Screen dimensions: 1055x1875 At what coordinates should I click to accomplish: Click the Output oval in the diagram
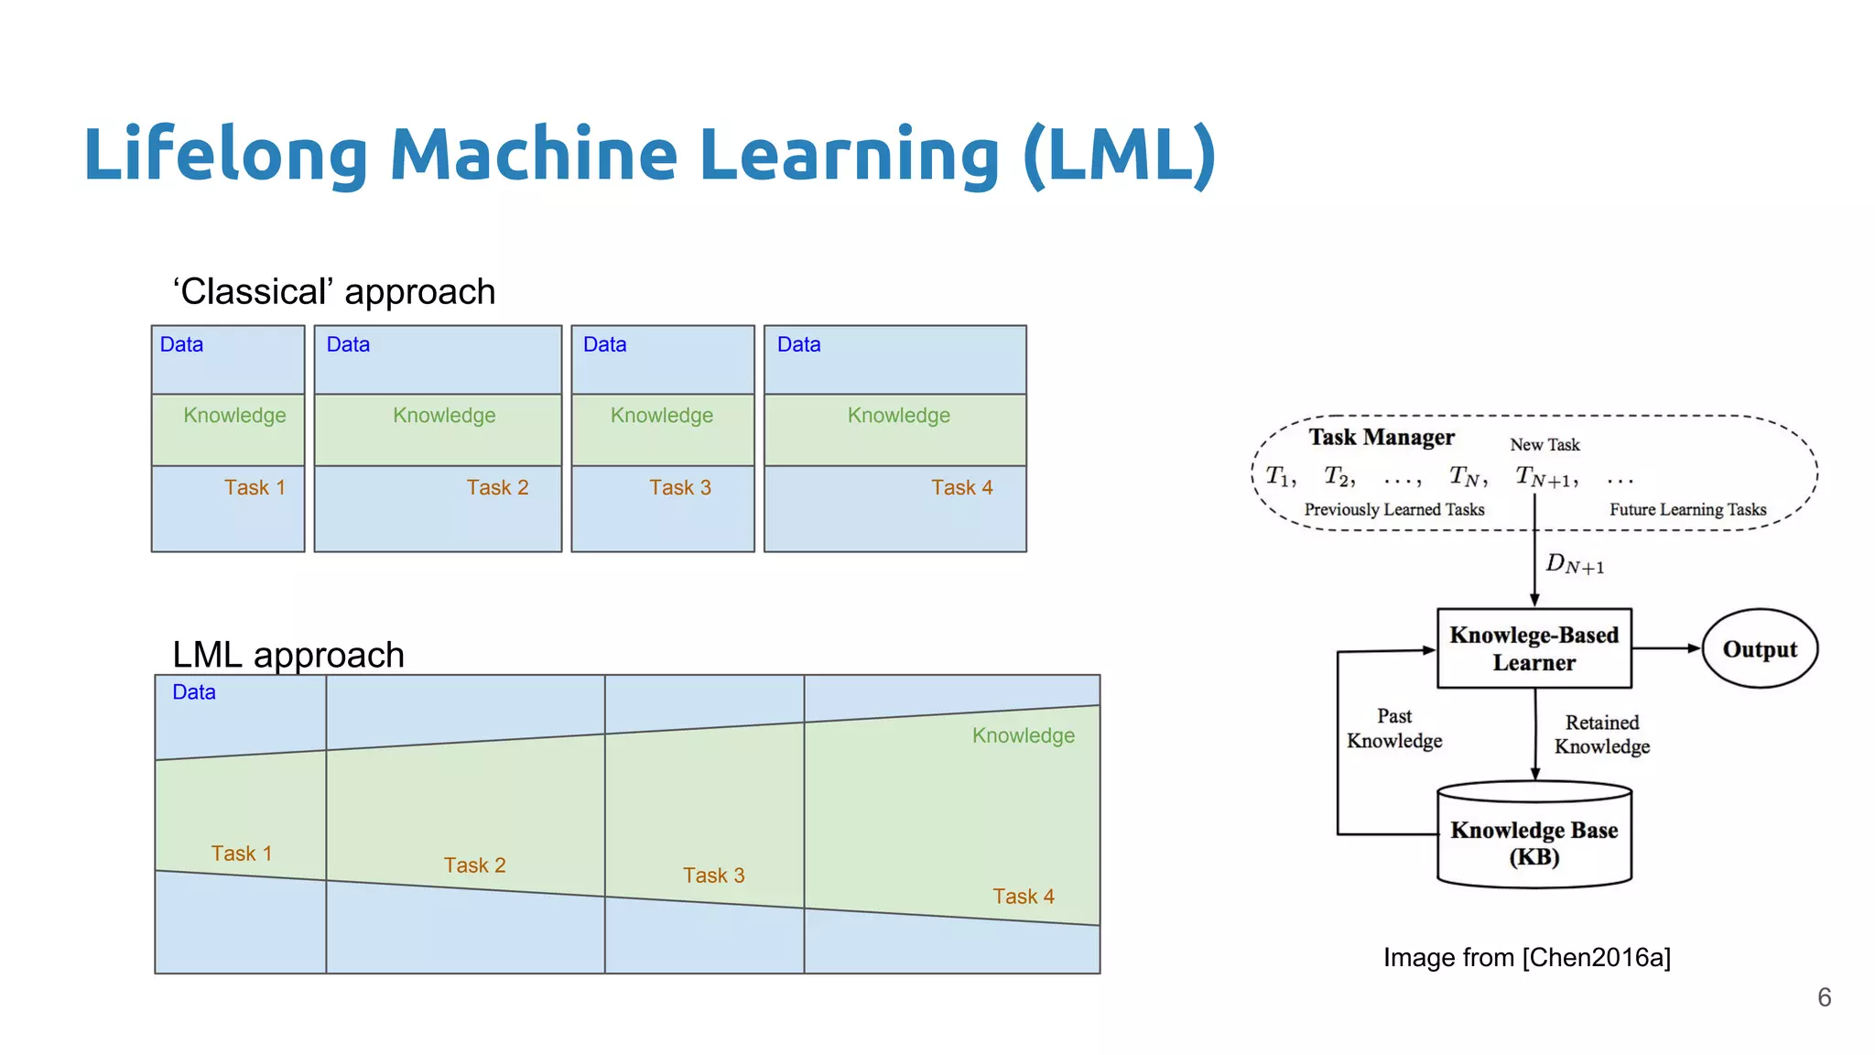pyautogui.click(x=1759, y=648)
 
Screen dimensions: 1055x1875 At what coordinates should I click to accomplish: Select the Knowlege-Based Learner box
pyautogui.click(x=1534, y=648)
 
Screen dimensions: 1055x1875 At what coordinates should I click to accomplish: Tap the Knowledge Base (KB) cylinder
pyautogui.click(x=1534, y=843)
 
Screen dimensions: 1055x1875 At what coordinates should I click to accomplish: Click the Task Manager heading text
pyautogui.click(x=1381, y=437)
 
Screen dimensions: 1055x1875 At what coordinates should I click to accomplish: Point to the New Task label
pyautogui.click(x=1544, y=445)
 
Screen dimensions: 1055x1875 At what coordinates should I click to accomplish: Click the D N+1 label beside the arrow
pyautogui.click(x=1574, y=564)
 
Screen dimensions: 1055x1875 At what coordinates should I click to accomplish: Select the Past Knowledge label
pyautogui.click(x=1393, y=728)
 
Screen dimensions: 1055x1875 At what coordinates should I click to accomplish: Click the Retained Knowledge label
pyautogui.click(x=1601, y=734)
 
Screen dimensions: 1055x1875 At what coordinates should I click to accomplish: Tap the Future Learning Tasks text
pyautogui.click(x=1687, y=510)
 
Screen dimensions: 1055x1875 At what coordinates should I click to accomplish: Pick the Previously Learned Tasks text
pyautogui.click(x=1393, y=510)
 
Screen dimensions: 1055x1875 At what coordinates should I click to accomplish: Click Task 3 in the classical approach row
pyautogui.click(x=679, y=487)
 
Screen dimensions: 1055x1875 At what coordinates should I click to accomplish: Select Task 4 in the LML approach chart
pyautogui.click(x=1023, y=896)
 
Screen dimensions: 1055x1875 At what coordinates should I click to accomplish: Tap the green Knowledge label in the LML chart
pyautogui.click(x=1023, y=735)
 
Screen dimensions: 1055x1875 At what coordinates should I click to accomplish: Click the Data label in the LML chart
pyautogui.click(x=194, y=692)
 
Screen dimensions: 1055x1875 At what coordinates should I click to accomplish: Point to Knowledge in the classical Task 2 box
pyautogui.click(x=444, y=416)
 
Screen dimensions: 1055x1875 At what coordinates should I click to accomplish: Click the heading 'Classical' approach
pyautogui.click(x=334, y=292)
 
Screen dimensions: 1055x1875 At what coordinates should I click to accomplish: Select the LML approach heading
pyautogui.click(x=288, y=655)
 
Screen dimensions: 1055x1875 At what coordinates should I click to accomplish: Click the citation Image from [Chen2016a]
pyautogui.click(x=1526, y=958)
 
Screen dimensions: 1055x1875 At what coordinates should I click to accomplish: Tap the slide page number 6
pyautogui.click(x=1824, y=997)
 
